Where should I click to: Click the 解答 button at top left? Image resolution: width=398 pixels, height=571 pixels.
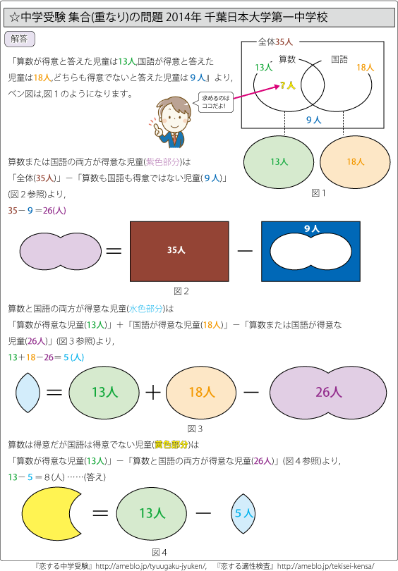pos(20,39)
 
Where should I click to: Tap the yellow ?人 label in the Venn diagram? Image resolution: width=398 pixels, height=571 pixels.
pos(288,85)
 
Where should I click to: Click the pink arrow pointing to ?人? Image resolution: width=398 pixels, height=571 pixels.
pos(256,92)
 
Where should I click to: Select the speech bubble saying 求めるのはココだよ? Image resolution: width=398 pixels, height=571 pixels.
pos(215,102)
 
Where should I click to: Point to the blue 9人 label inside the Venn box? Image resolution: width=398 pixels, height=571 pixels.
pos(313,120)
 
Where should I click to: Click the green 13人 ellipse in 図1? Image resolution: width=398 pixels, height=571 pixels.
pos(279,162)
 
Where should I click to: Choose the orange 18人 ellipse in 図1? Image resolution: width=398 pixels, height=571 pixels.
pos(355,162)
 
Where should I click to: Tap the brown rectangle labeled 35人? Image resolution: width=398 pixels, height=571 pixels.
pos(179,251)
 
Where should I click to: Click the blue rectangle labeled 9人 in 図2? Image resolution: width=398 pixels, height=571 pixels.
pos(311,228)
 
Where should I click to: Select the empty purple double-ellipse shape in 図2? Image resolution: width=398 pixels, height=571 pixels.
pos(61,251)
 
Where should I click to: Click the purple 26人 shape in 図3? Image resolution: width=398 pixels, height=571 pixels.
pos(328,392)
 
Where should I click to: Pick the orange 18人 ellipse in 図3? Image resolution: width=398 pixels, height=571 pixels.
pos(201,392)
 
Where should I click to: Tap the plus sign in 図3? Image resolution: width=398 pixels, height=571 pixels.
pos(153,393)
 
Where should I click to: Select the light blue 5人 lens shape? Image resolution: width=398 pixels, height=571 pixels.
pos(243,513)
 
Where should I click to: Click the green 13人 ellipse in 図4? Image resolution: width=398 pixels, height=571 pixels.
pos(152,513)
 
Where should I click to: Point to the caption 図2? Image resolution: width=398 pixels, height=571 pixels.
pos(181,291)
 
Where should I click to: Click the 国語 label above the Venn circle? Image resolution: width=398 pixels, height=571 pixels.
pos(339,59)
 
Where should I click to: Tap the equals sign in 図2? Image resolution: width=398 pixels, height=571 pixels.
pos(114,251)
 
